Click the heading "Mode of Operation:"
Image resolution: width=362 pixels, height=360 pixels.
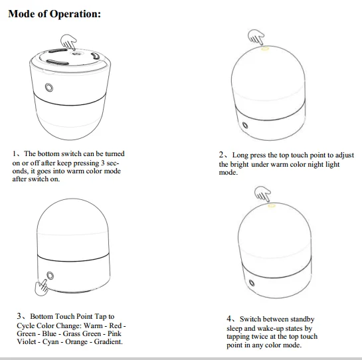(x=54, y=14)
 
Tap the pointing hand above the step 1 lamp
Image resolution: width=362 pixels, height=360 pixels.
(x=68, y=42)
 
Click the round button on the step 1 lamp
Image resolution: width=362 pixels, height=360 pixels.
(x=49, y=88)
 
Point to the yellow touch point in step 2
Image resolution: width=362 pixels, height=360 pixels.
(x=265, y=49)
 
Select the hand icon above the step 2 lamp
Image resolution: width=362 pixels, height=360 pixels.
(x=256, y=37)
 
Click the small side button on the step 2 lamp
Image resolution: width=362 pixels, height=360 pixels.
(x=245, y=125)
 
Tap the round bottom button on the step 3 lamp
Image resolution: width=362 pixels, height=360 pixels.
(x=50, y=276)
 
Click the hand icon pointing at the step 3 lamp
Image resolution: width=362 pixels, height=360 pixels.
(x=41, y=287)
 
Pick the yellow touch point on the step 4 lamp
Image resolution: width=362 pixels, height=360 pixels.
(x=272, y=205)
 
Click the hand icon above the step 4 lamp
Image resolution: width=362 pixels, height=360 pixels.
(x=263, y=194)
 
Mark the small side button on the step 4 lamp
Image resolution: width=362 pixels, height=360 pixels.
(x=252, y=283)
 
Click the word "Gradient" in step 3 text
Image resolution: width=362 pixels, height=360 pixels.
(x=108, y=341)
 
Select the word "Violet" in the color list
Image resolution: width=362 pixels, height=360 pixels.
(x=27, y=341)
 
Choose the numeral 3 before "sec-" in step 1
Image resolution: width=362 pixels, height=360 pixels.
(x=103, y=163)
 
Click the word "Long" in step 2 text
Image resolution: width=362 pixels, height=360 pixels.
(x=240, y=155)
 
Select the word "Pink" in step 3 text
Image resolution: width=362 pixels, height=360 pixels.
(x=114, y=333)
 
